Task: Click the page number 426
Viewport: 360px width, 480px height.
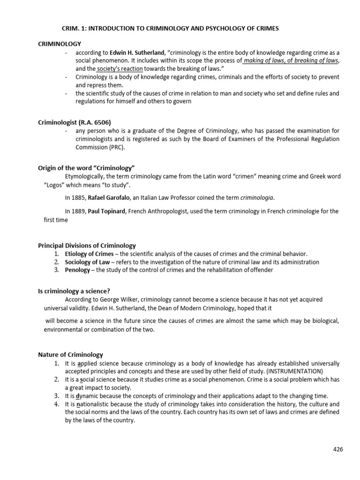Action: [338, 449]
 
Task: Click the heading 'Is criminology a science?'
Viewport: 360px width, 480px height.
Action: [74, 291]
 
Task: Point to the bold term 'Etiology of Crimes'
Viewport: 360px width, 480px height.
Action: [89, 254]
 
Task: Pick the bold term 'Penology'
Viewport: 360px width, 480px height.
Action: [77, 270]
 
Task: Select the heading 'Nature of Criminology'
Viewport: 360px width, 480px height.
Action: [70, 355]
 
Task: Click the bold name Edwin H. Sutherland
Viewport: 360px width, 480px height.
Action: [136, 53]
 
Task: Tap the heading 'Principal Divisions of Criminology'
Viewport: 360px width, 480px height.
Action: [87, 245]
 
